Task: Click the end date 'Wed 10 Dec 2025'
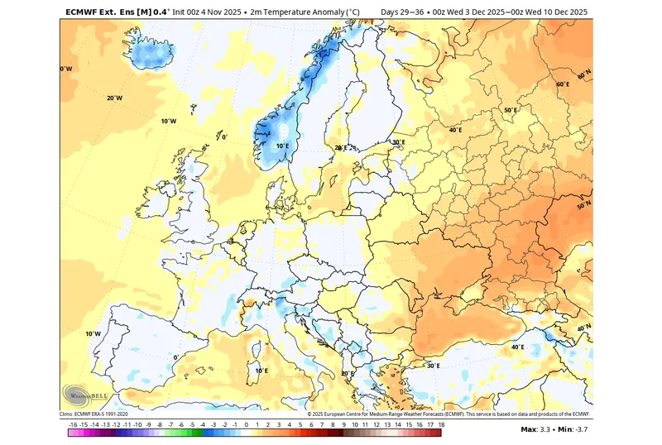tap(554, 12)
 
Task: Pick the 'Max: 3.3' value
tap(537, 429)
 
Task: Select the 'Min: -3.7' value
tap(575, 429)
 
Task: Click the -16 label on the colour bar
tap(74, 423)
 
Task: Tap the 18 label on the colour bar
tap(441, 423)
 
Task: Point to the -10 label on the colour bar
tap(138, 423)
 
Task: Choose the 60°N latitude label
tap(584, 75)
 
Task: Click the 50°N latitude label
tap(583, 203)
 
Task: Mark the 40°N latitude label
tap(583, 328)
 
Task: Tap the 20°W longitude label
tap(114, 98)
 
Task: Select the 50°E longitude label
tap(511, 110)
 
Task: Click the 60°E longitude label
tap(563, 84)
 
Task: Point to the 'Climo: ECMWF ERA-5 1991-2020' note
tap(94, 414)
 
